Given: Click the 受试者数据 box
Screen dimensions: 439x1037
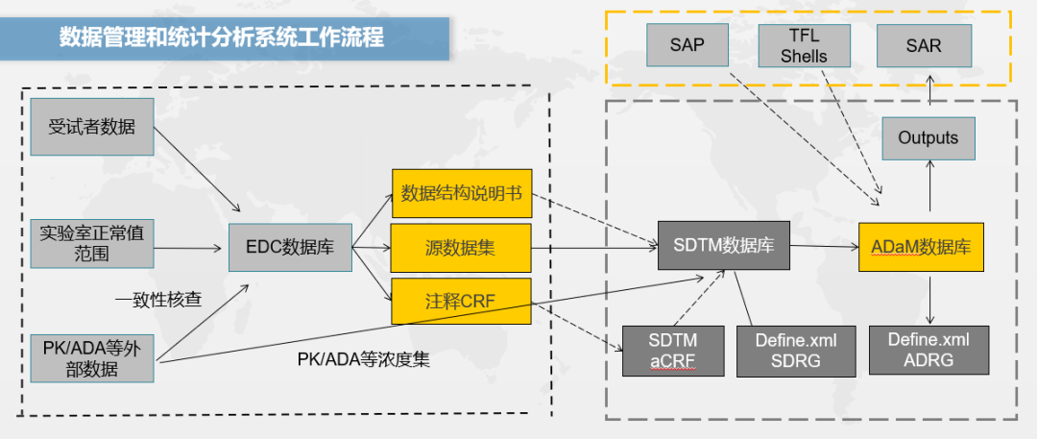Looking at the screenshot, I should pos(92,126).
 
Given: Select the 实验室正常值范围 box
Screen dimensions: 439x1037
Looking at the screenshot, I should pos(92,242).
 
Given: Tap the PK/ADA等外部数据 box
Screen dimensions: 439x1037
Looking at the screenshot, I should pos(92,357).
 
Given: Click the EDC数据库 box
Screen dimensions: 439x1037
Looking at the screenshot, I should pos(290,247).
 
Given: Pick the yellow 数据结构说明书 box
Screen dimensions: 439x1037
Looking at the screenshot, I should pos(461,193).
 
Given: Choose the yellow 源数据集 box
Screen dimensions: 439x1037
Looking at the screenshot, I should pos(461,247).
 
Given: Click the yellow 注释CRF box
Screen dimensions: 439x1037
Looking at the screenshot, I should pos(461,300).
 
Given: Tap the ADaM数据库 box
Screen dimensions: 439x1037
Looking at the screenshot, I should pos(928,245).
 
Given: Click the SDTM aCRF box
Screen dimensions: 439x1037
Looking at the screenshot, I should pos(672,351).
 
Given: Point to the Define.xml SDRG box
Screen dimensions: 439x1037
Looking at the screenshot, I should pos(795,351).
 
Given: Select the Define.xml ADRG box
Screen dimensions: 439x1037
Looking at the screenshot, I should pos(928,351).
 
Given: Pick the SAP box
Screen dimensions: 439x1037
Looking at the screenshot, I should pos(687,45).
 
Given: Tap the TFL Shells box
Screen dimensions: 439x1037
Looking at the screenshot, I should pos(804,45).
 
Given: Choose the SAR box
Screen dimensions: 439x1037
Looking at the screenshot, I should pos(924,45).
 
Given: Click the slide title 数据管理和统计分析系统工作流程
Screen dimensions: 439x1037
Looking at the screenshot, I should pos(223,37).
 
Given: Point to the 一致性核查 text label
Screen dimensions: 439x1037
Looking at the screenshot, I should pos(158,299).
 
